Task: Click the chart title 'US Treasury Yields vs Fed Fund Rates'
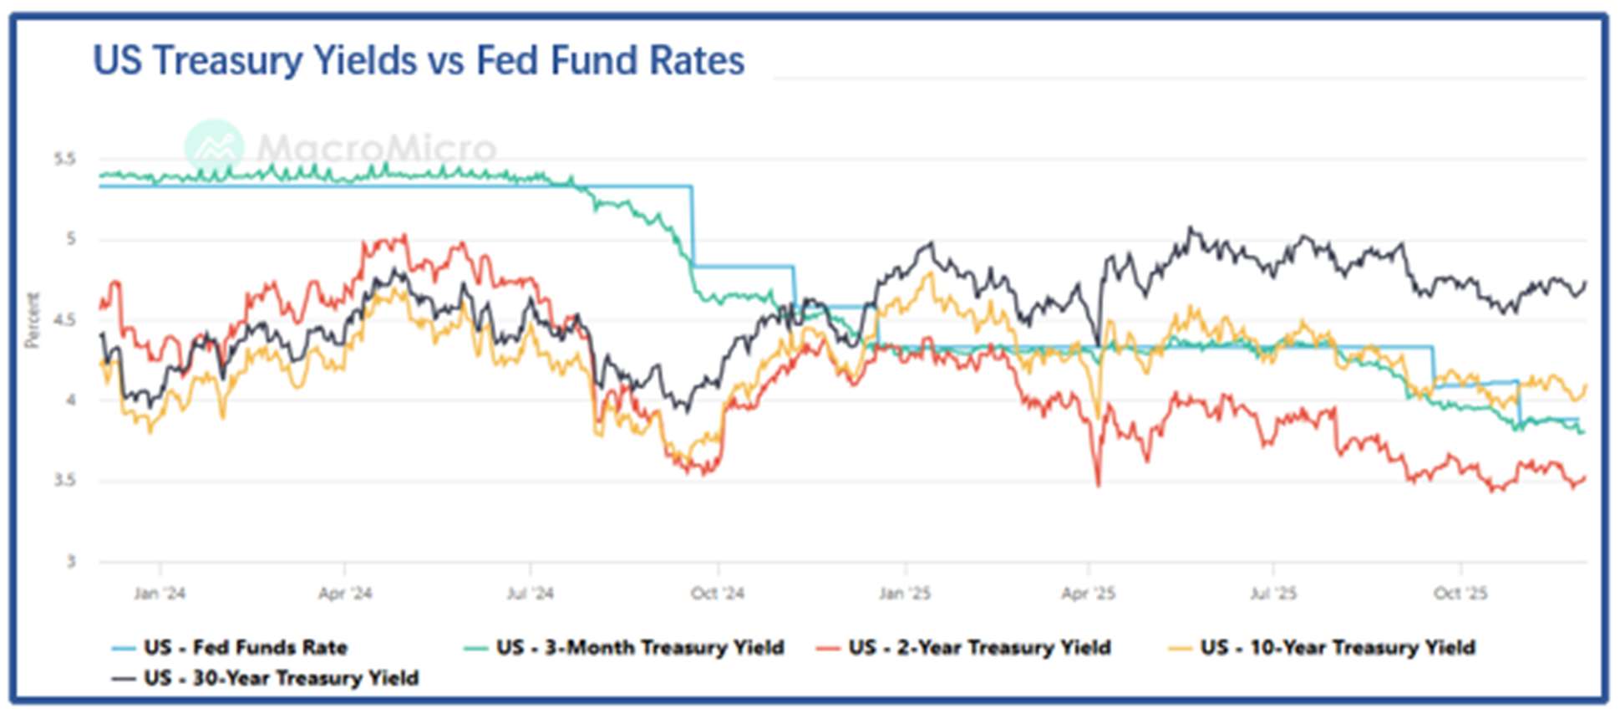point(419,61)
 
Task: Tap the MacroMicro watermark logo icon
point(215,147)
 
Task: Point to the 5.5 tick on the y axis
point(64,159)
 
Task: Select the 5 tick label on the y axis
point(70,239)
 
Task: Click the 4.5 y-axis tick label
point(64,320)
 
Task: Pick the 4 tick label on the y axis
point(70,400)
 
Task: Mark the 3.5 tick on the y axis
point(64,481)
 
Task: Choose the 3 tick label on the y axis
point(71,562)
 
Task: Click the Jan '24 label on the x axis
point(160,594)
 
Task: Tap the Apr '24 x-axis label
point(345,594)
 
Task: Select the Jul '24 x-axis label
point(531,594)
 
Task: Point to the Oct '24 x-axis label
point(717,594)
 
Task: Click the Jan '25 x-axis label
point(904,594)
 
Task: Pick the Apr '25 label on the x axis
point(1088,594)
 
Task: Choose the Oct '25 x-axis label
point(1460,594)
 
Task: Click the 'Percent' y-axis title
point(33,320)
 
